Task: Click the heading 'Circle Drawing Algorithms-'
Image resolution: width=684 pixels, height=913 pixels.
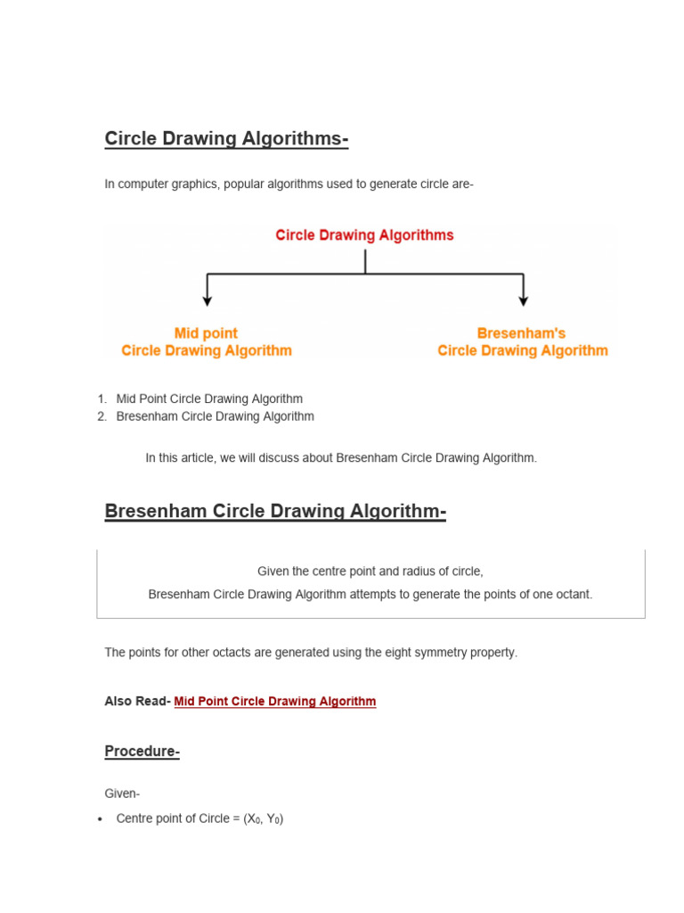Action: click(x=226, y=139)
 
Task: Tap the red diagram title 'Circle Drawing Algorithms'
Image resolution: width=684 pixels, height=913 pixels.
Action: click(x=364, y=235)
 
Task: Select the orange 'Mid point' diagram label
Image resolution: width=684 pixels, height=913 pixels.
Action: click(x=207, y=333)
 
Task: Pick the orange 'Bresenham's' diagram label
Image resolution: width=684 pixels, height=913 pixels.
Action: click(x=522, y=333)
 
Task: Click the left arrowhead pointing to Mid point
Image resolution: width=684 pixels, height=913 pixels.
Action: click(x=208, y=300)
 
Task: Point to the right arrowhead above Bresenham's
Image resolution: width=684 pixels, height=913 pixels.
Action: click(x=523, y=300)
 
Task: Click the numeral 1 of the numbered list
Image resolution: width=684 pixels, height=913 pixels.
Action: click(x=102, y=399)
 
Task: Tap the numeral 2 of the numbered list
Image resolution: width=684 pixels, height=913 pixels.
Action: click(x=102, y=416)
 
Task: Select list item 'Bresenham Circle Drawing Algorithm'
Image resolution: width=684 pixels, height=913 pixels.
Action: click(x=215, y=416)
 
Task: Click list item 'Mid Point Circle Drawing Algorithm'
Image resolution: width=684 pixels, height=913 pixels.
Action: click(x=209, y=399)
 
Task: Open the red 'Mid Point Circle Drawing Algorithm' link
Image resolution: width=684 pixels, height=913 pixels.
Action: click(x=274, y=702)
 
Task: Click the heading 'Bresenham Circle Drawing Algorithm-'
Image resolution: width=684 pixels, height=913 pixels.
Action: click(x=275, y=512)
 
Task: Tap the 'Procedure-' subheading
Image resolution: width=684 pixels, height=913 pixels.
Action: click(x=142, y=752)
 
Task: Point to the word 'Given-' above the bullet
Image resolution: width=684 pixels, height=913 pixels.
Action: click(x=122, y=794)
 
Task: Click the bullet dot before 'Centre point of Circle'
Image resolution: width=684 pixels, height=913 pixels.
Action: click(x=101, y=819)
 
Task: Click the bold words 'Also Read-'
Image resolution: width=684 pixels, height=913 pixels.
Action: click(x=137, y=702)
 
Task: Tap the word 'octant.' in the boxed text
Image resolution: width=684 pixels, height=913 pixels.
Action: click(x=571, y=594)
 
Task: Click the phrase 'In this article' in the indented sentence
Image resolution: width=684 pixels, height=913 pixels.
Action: click(x=180, y=458)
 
